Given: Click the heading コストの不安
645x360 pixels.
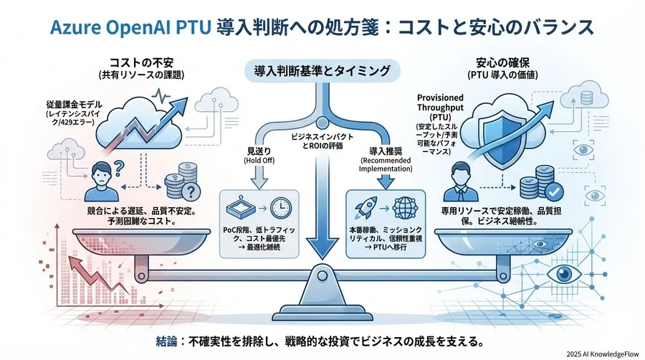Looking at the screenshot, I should (140, 62).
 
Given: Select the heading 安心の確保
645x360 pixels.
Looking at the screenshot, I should (507, 62).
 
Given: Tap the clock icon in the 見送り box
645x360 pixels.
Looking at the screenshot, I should (279, 209).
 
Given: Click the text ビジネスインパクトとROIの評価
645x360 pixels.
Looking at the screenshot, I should (320, 141).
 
